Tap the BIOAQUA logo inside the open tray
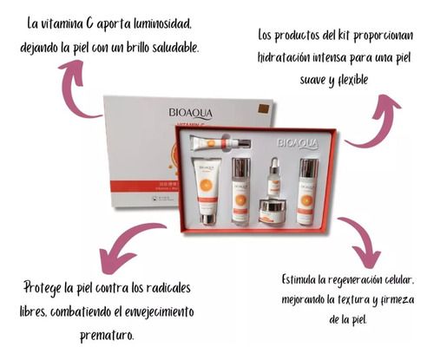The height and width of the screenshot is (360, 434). tap(298, 142)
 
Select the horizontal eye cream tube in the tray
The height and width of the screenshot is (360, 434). tap(221, 142)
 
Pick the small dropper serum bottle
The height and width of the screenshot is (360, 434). tap(273, 177)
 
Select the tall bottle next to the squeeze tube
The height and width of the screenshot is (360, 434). tap(240, 191)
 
